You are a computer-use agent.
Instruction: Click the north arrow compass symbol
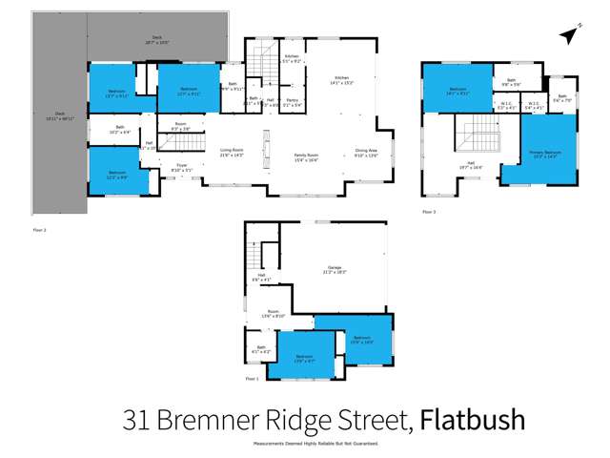click(568, 36)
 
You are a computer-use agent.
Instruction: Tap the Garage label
click(333, 270)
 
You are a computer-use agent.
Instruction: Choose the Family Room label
click(306, 156)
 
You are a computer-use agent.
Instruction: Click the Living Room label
click(233, 153)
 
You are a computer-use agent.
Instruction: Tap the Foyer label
click(181, 168)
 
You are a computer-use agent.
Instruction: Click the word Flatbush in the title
click(473, 419)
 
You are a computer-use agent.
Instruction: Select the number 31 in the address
click(138, 419)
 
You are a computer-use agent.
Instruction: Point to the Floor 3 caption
click(429, 212)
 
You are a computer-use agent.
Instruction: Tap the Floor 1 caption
click(252, 380)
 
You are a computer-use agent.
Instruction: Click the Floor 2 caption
click(39, 230)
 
